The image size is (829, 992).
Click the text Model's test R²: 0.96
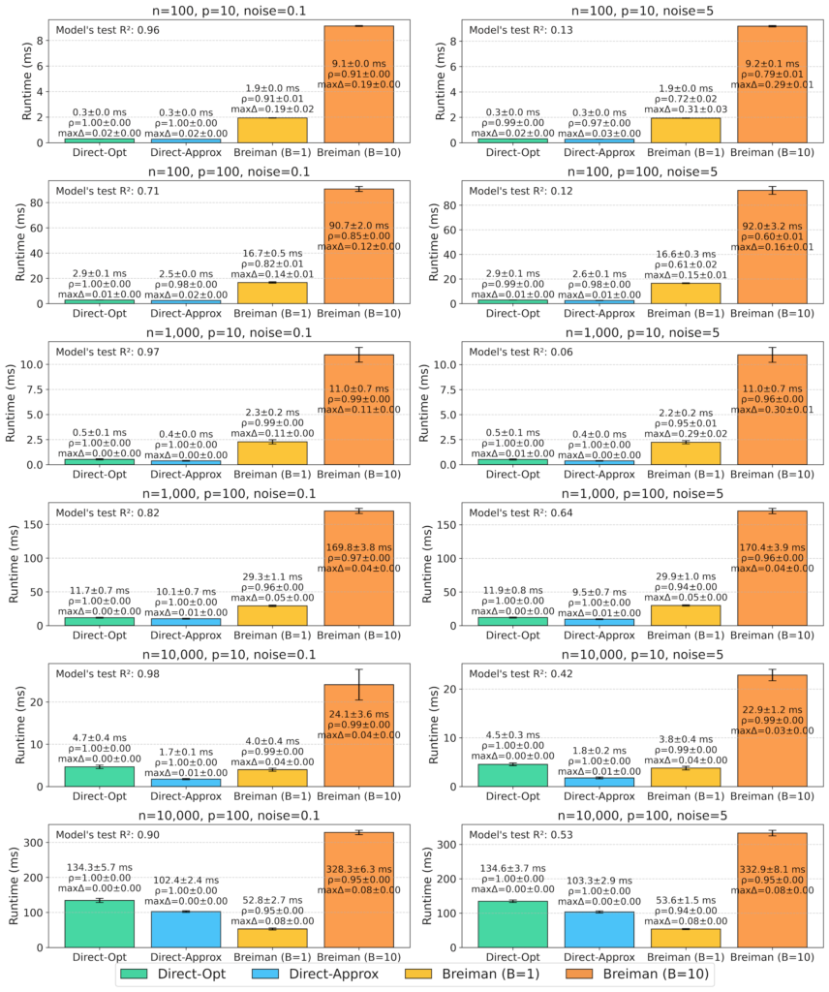click(108, 30)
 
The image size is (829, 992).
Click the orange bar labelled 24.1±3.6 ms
click(358, 735)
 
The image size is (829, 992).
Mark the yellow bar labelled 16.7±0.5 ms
click(272, 293)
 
